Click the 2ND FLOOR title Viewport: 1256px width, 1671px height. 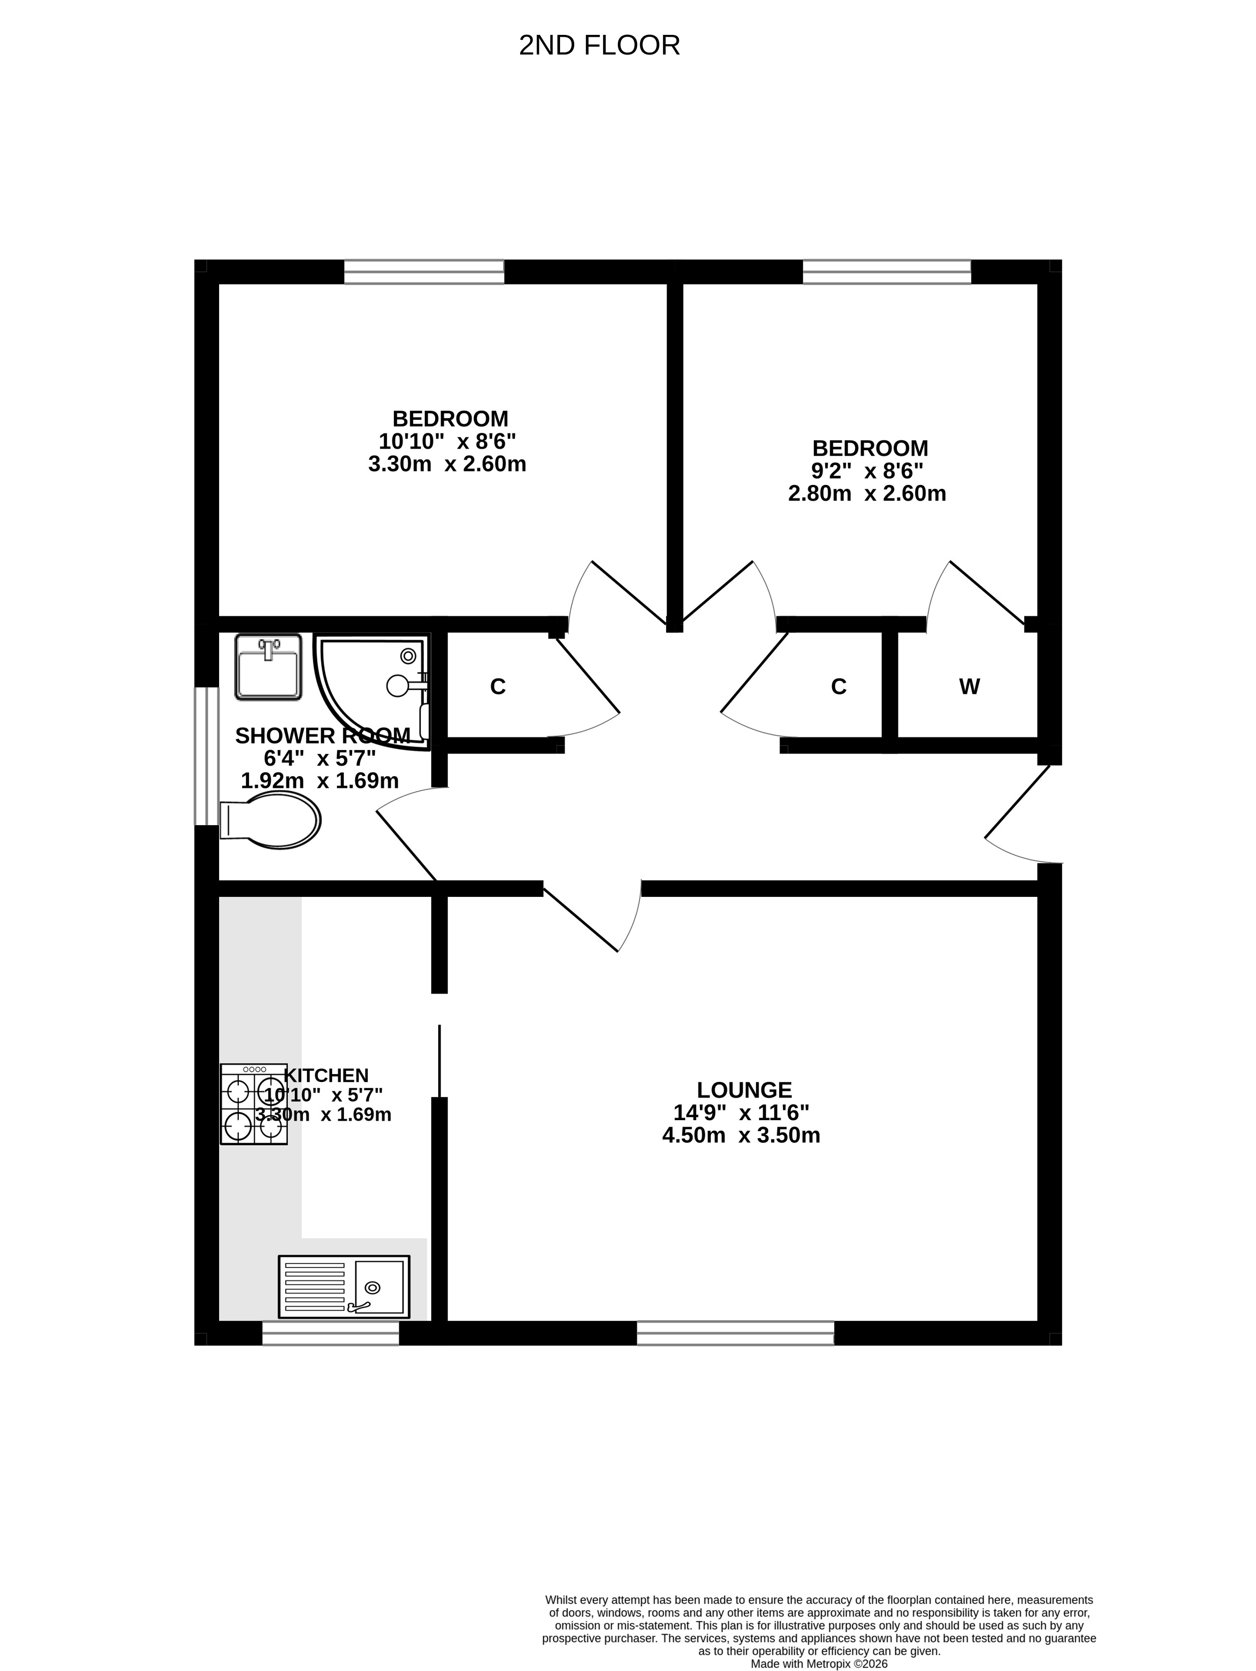pyautogui.click(x=599, y=45)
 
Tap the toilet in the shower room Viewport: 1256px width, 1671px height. pyautogui.click(x=270, y=820)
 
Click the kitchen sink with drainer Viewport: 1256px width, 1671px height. pyautogui.click(x=344, y=1287)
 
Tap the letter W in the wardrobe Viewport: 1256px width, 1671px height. pyautogui.click(x=970, y=687)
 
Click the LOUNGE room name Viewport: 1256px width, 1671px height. pyautogui.click(x=744, y=1090)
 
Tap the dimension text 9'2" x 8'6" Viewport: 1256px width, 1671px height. pyautogui.click(x=867, y=471)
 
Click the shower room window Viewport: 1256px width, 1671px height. pyautogui.click(x=206, y=755)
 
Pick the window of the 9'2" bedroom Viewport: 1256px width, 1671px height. pyautogui.click(x=887, y=272)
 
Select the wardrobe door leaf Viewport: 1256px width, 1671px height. pyautogui.click(x=988, y=593)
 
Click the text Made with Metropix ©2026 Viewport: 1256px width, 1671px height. pyautogui.click(x=819, y=1664)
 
